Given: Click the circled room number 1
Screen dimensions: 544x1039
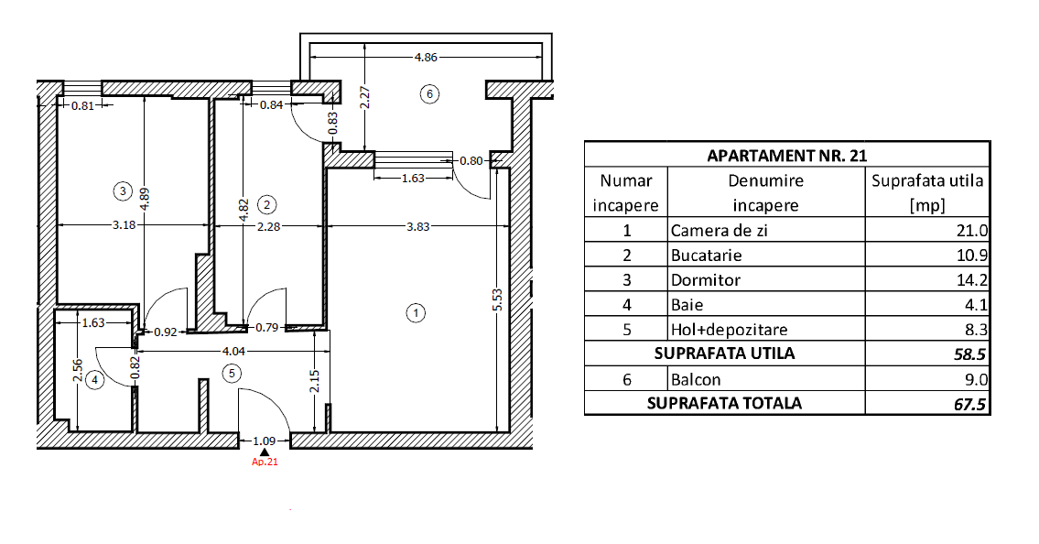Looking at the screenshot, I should click(416, 312).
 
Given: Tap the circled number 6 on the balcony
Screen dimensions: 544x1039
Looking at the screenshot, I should click(428, 92).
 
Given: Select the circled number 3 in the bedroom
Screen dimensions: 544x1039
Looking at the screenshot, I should click(123, 190).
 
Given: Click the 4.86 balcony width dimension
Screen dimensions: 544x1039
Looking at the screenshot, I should click(426, 57).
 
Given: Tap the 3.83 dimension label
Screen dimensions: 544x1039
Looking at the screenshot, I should click(417, 226).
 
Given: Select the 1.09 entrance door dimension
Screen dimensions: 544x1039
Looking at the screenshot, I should click(265, 441).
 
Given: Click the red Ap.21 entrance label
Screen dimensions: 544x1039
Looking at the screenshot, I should click(265, 462).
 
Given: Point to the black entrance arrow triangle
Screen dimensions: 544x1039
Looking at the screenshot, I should click(265, 452).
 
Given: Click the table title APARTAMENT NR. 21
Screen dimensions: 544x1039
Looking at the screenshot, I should click(786, 155).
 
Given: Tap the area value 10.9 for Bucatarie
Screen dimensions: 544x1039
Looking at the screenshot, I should click(969, 256).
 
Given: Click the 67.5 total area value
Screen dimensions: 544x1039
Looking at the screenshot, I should click(970, 404).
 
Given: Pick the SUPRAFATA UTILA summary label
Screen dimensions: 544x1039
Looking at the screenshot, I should click(723, 354).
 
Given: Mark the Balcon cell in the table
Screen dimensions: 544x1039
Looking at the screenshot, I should click(696, 379).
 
